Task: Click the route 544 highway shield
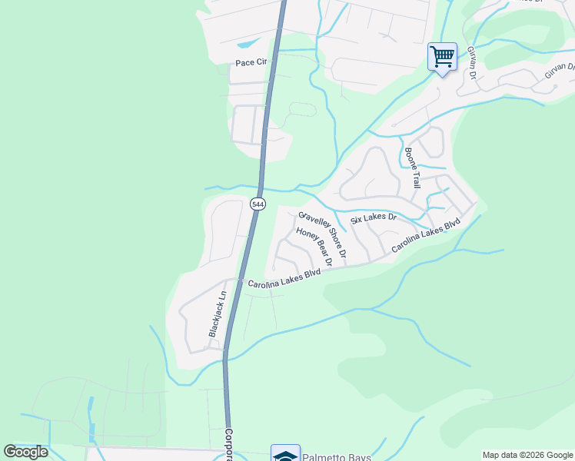[x=258, y=204]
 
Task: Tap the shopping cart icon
[x=442, y=56]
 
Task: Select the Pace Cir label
[x=250, y=61]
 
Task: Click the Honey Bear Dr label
[x=314, y=247]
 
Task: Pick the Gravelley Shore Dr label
[x=323, y=234]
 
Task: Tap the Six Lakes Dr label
[x=373, y=218]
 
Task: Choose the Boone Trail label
[x=412, y=168]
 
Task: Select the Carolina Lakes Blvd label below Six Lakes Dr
[x=425, y=236]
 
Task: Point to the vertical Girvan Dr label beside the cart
[x=472, y=62]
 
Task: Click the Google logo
[x=26, y=452]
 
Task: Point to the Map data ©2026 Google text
[x=527, y=455]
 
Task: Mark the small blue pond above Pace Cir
[x=251, y=43]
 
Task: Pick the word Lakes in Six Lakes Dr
[x=374, y=218]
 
